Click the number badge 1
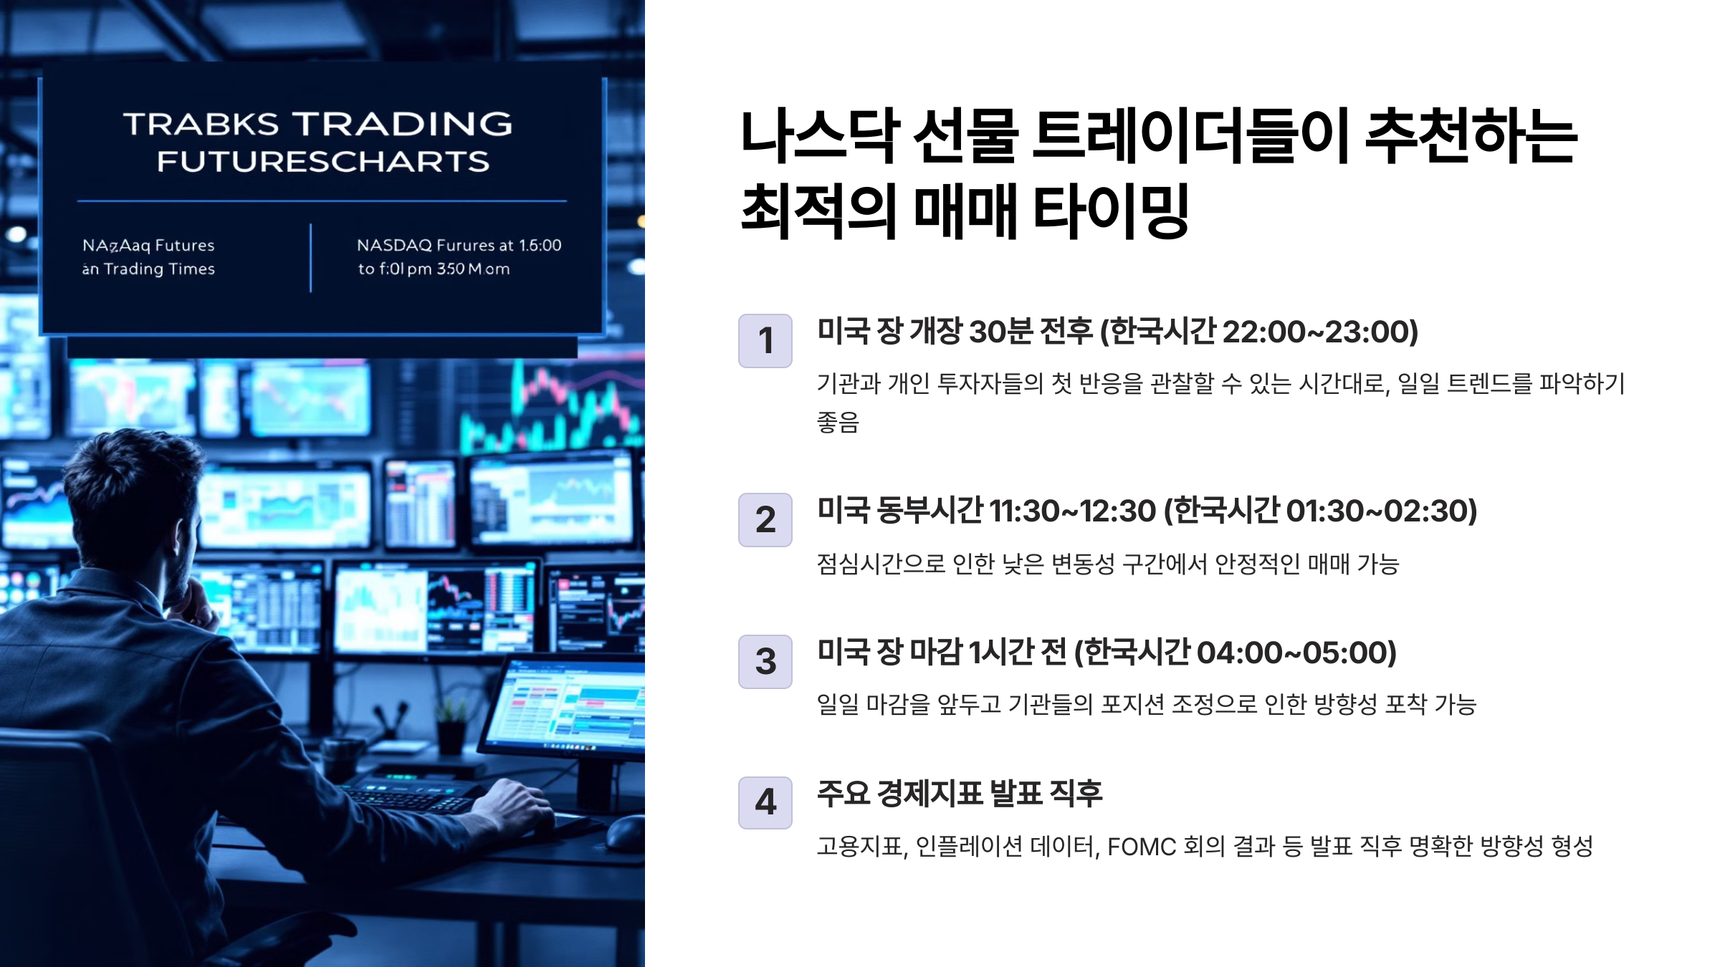(x=765, y=341)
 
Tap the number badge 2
(x=765, y=520)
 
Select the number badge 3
(x=765, y=662)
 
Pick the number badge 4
(x=765, y=803)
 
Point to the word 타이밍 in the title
(x=1111, y=211)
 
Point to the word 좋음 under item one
(x=838, y=423)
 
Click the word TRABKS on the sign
(x=201, y=125)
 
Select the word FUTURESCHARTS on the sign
(x=323, y=162)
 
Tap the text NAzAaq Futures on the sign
(x=148, y=246)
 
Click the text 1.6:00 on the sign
(x=540, y=246)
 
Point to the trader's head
(x=136, y=494)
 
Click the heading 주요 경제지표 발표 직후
(x=960, y=794)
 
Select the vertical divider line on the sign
(x=310, y=258)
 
